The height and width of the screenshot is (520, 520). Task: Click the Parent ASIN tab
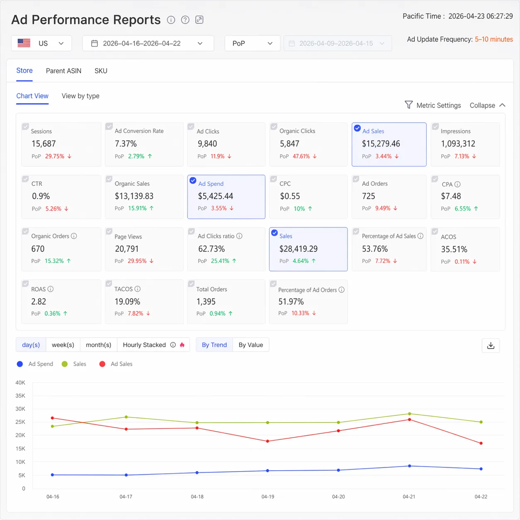click(63, 71)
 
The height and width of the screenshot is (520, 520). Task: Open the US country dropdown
click(41, 43)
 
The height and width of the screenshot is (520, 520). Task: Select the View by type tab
click(80, 96)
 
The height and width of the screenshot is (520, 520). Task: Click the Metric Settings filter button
click(433, 105)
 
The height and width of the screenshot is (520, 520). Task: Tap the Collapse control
click(487, 105)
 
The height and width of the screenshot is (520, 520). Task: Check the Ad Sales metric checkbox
click(357, 128)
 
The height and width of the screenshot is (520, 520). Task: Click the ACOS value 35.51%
click(454, 249)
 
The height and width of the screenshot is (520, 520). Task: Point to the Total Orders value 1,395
click(206, 301)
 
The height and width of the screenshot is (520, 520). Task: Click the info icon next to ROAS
click(51, 289)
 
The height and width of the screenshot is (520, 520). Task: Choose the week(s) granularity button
click(63, 345)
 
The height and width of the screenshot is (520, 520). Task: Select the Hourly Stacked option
click(144, 345)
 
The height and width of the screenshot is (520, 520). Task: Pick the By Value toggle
click(250, 345)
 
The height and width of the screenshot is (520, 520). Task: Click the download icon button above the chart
click(491, 345)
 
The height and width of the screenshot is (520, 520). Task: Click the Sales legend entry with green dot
click(74, 364)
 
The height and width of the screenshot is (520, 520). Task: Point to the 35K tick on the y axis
click(20, 396)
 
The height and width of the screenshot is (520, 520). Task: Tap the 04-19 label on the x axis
click(268, 496)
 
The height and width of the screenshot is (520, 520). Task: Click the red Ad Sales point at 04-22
click(481, 443)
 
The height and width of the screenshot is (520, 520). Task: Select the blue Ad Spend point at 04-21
click(410, 466)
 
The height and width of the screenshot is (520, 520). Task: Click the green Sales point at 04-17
click(126, 417)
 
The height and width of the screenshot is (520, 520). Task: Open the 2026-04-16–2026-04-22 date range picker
click(148, 43)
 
